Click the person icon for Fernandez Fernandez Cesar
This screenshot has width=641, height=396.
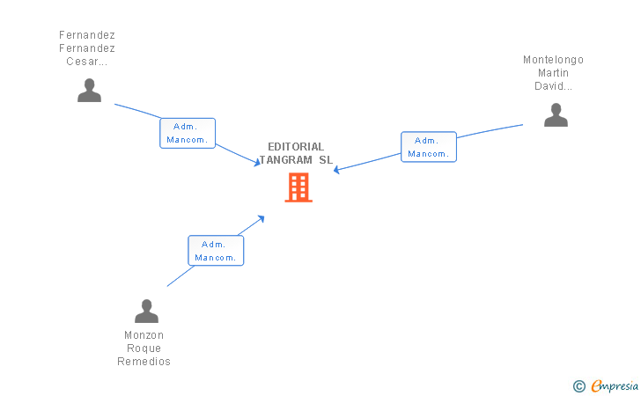[x=89, y=91]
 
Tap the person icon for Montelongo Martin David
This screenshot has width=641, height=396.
[x=556, y=114]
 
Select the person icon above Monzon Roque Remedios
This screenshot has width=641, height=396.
[x=146, y=311]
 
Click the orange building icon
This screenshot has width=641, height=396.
[x=298, y=187]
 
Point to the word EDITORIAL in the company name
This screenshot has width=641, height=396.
[x=296, y=146]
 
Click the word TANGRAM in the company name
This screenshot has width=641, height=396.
[x=286, y=160]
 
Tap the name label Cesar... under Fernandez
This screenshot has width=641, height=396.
[x=86, y=62]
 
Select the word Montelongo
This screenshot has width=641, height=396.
[x=553, y=60]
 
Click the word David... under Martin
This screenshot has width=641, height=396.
[x=553, y=86]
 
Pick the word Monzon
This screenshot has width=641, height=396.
[x=144, y=335]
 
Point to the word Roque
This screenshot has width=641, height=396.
[x=144, y=348]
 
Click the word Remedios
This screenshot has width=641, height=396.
[x=144, y=362]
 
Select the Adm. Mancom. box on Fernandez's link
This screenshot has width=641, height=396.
[x=188, y=133]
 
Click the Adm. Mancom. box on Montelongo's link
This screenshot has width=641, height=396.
[x=429, y=147]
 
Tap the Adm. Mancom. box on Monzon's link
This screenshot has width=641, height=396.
[x=216, y=251]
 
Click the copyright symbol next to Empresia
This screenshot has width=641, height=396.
[x=578, y=385]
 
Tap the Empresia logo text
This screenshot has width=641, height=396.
[x=615, y=385]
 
